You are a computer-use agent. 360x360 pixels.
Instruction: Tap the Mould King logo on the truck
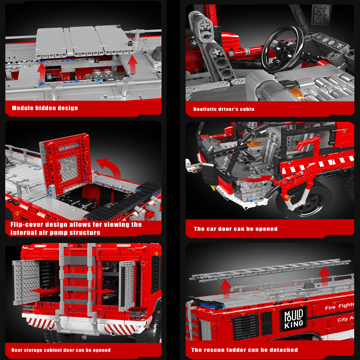click(x=294, y=319)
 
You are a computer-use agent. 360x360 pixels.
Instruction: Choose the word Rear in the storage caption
click(x=17, y=350)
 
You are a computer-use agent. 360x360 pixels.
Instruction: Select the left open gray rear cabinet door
click(x=26, y=282)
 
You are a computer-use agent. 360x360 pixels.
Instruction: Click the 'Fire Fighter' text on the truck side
click(x=340, y=306)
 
